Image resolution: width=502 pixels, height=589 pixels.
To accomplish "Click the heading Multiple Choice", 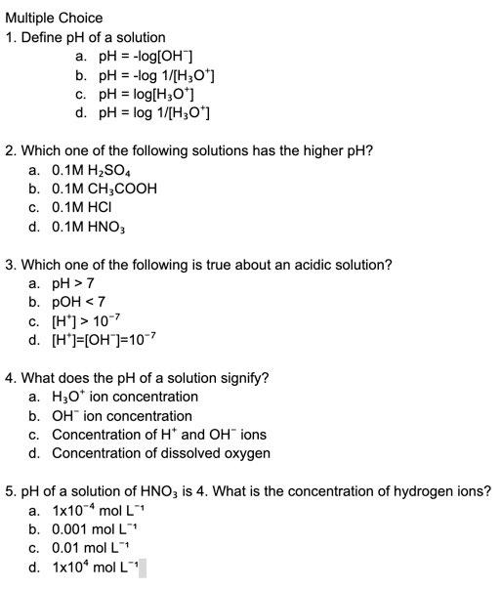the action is tap(53, 18).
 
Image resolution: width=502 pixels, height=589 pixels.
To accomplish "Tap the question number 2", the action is tap(10, 150).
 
